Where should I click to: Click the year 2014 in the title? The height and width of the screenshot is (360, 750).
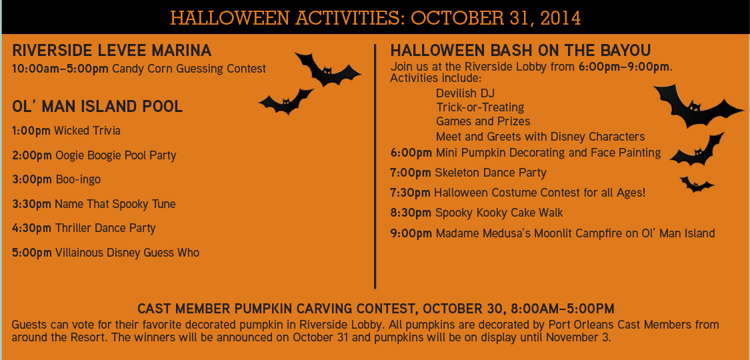point(559,17)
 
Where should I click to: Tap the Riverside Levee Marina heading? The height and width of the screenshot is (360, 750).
point(112,51)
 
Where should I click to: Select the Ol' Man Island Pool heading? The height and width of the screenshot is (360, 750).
point(97,107)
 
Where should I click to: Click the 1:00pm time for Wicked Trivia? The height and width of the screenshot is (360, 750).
point(31,131)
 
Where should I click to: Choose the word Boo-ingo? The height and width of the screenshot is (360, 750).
point(78,179)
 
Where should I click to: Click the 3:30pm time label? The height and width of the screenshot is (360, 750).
point(31,204)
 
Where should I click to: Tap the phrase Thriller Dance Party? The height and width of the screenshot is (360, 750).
point(105,228)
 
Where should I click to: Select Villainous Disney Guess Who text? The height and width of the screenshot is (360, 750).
point(127,253)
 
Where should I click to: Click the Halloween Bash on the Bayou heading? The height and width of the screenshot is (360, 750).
point(521,51)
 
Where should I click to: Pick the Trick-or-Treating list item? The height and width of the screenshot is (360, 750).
point(480,107)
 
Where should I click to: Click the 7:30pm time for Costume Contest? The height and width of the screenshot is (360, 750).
point(410,193)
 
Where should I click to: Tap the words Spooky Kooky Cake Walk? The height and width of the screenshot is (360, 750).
point(499,213)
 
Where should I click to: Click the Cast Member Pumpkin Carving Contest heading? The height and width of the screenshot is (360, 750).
point(375,309)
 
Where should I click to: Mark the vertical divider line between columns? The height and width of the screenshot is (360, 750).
point(375,167)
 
